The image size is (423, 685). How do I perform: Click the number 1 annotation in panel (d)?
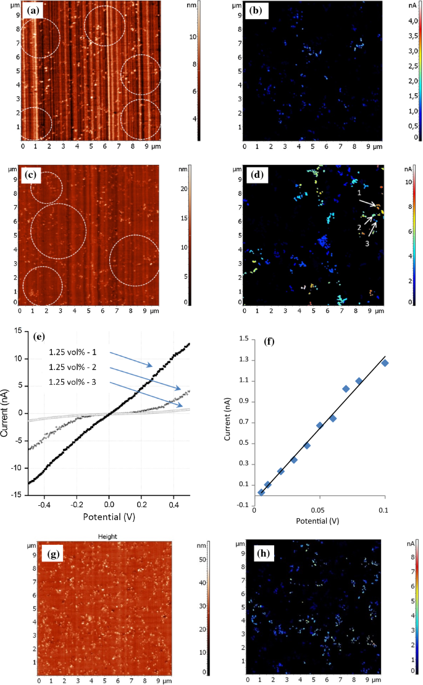359,193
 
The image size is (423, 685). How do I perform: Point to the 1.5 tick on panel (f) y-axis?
244,339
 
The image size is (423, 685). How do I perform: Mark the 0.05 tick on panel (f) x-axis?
319,510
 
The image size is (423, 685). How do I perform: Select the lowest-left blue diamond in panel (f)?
261,492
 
